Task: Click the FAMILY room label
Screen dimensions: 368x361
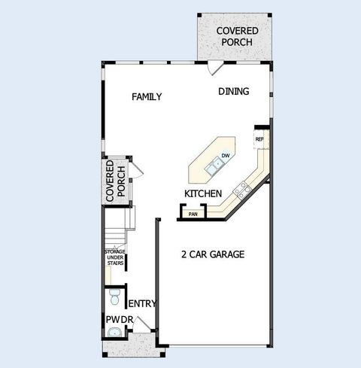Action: tap(147, 97)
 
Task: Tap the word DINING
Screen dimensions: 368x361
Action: tap(234, 92)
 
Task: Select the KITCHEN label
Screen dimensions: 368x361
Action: tap(202, 194)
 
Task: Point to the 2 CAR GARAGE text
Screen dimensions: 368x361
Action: tap(214, 254)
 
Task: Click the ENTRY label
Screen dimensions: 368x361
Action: tap(142, 304)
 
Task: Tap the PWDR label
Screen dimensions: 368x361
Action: tap(119, 320)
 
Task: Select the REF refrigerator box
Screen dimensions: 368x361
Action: tap(259, 139)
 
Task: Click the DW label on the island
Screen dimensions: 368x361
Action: tap(224, 157)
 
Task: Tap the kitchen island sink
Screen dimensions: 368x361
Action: tap(218, 163)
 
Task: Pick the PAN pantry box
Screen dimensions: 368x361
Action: tap(193, 214)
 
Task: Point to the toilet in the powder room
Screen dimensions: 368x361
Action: tap(114, 297)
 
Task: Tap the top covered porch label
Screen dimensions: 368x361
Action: tap(237, 36)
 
